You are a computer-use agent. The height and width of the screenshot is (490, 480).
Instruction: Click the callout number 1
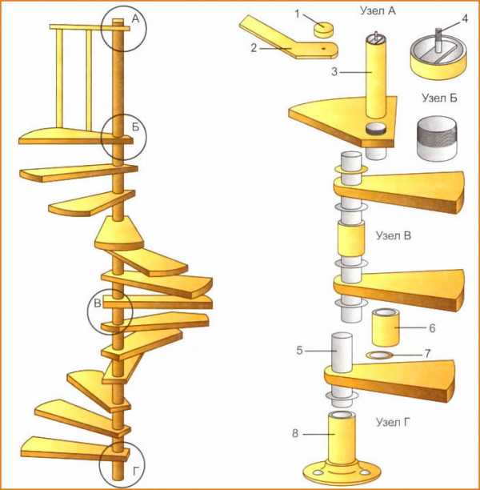pyautogui.click(x=298, y=14)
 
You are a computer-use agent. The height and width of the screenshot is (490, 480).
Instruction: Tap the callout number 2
pyautogui.click(x=254, y=48)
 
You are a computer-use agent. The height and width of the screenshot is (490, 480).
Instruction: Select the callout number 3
pyautogui.click(x=334, y=72)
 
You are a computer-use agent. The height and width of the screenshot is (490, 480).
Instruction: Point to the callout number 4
pyautogui.click(x=465, y=18)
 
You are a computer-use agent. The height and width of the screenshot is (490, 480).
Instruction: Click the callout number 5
pyautogui.click(x=299, y=351)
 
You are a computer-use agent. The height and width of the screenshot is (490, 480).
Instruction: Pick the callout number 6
pyautogui.click(x=432, y=328)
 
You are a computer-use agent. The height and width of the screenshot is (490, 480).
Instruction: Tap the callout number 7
pyautogui.click(x=427, y=354)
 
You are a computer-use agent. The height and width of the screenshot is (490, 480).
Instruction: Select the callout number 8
pyautogui.click(x=295, y=434)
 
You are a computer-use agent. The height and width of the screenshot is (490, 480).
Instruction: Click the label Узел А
pyautogui.click(x=378, y=10)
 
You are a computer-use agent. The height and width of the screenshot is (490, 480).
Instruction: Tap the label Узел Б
pyautogui.click(x=440, y=98)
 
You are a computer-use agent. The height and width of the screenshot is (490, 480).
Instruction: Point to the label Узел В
pyautogui.click(x=394, y=235)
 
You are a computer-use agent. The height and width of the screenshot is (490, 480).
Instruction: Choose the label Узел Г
pyautogui.click(x=392, y=423)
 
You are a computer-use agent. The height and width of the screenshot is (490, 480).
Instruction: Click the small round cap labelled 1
pyautogui.click(x=323, y=30)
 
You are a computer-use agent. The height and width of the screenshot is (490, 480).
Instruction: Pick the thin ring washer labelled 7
pyautogui.click(x=379, y=355)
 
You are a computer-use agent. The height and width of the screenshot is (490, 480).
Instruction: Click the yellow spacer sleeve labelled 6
pyautogui.click(x=386, y=327)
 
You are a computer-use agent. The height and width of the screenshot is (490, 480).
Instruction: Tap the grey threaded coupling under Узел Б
pyautogui.click(x=438, y=139)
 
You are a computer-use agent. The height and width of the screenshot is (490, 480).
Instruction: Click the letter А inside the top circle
pyautogui.click(x=135, y=19)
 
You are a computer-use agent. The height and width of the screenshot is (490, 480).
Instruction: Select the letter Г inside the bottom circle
pyautogui.click(x=135, y=471)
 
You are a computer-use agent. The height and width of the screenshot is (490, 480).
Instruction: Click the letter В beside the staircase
pyautogui.click(x=98, y=303)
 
